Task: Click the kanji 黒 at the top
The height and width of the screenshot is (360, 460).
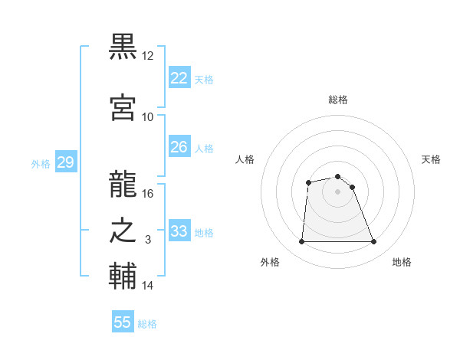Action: (x=123, y=47)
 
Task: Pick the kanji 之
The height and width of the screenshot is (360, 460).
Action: (x=123, y=231)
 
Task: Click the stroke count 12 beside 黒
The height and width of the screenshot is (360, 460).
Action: (x=148, y=56)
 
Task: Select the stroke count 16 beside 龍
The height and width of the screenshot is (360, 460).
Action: (x=148, y=194)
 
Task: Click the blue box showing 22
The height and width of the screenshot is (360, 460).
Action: (x=179, y=77)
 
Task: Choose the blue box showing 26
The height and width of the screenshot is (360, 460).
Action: (x=179, y=146)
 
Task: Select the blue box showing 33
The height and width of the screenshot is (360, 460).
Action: (x=179, y=231)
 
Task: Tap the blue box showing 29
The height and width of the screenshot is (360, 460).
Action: (x=65, y=162)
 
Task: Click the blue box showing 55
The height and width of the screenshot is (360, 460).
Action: (x=123, y=322)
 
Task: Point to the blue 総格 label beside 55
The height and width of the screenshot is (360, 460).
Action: (x=147, y=324)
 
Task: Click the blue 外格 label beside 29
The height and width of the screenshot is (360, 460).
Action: (x=41, y=163)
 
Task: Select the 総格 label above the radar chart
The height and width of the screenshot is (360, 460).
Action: (x=337, y=100)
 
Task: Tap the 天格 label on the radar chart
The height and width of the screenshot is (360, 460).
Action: (x=431, y=159)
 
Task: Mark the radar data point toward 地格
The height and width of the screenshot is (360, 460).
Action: (x=373, y=242)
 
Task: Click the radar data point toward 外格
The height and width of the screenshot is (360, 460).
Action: (x=301, y=242)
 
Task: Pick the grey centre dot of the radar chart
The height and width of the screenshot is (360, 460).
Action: (x=337, y=191)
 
